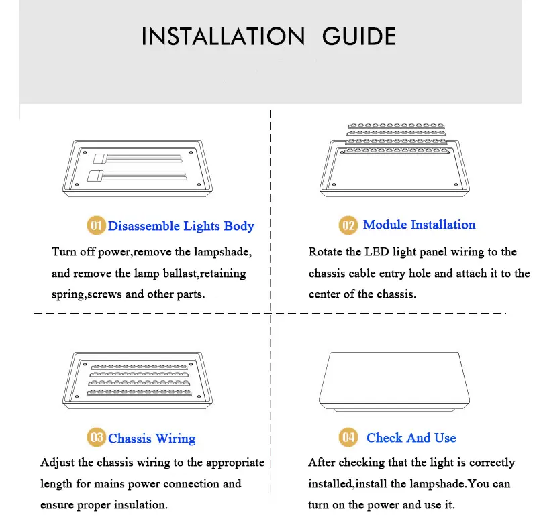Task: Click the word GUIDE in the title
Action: (359, 36)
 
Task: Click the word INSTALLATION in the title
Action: (223, 36)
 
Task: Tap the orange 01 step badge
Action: (96, 225)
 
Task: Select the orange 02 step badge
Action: (348, 225)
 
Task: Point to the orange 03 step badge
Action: (96, 437)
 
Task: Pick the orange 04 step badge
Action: (348, 437)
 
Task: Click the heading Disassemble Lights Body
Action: (181, 226)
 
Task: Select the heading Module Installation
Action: (419, 225)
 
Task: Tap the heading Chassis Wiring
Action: (152, 439)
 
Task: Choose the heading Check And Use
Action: (411, 438)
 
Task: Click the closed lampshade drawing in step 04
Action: (394, 381)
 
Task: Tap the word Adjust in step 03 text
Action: (58, 463)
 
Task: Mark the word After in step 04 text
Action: (322, 462)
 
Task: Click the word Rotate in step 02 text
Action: (326, 251)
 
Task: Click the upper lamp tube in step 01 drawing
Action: (138, 158)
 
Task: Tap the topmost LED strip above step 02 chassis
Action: (396, 126)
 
